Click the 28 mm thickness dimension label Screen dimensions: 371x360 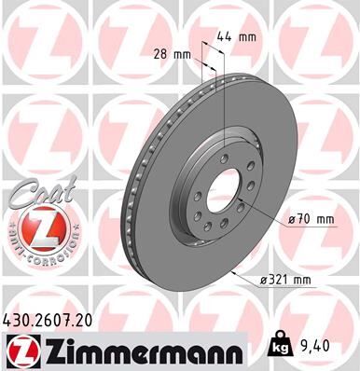pyautogui.click(x=174, y=54)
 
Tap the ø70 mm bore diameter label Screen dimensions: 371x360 pyautogui.click(x=311, y=219)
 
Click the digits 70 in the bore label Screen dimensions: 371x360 pyautogui.click(x=302, y=219)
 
